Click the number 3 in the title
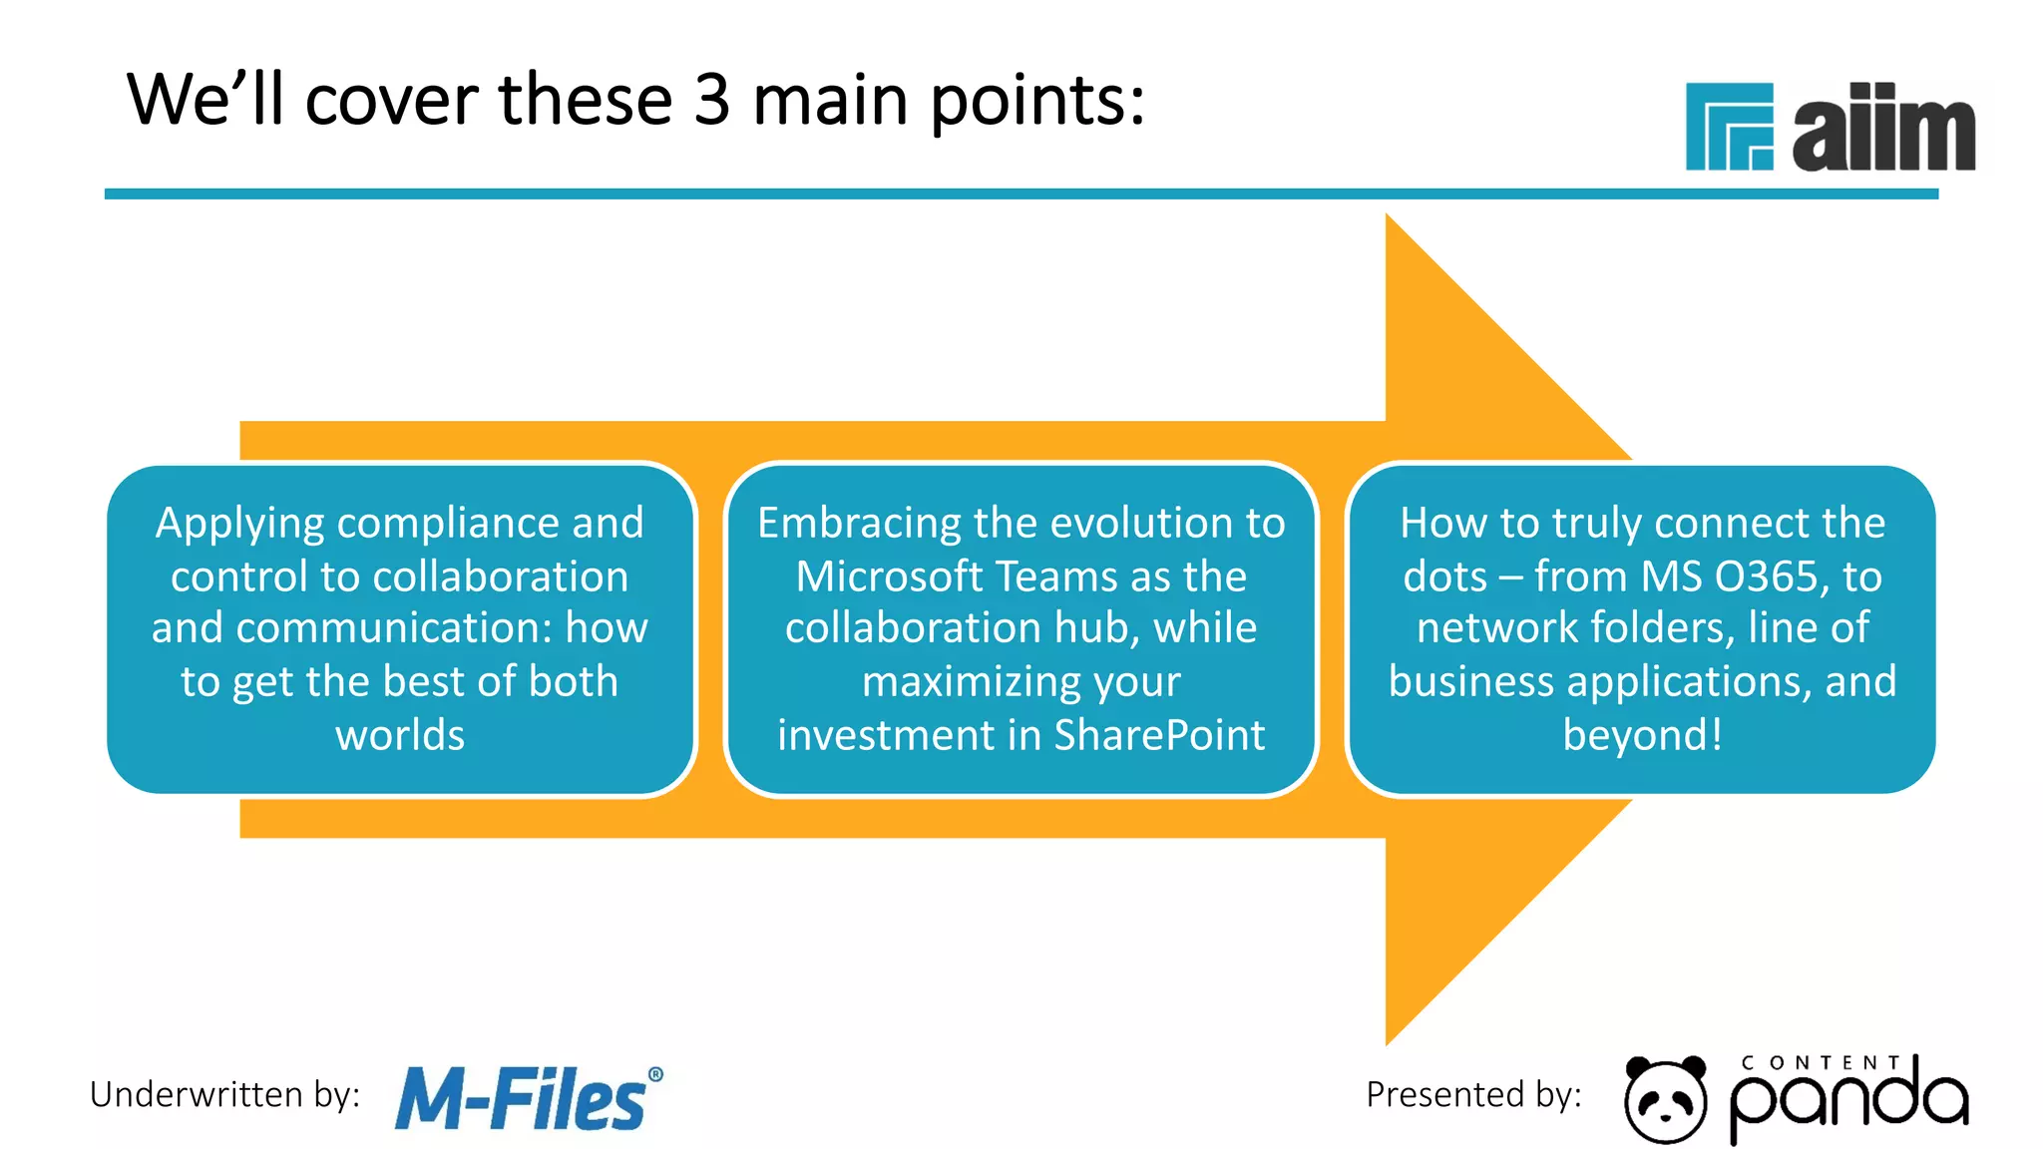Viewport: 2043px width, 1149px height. pos(711,101)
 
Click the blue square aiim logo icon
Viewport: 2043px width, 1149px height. pos(1729,127)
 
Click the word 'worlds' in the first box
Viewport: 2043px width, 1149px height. pos(400,736)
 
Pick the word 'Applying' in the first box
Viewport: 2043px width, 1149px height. pos(240,524)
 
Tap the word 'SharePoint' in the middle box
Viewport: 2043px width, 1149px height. pos(1159,736)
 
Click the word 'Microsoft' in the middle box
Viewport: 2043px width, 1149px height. pos(888,577)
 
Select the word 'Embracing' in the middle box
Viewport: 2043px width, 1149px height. pos(860,524)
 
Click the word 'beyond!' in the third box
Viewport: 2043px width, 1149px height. pos(1642,736)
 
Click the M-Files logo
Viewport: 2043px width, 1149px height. pos(521,1100)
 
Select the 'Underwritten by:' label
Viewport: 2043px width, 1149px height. pos(224,1095)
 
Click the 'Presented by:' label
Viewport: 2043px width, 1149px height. pos(1473,1095)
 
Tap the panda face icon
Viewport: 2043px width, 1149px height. pos(1664,1099)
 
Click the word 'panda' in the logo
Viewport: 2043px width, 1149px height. pos(1848,1102)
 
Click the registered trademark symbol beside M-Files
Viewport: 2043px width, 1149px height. pos(655,1074)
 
